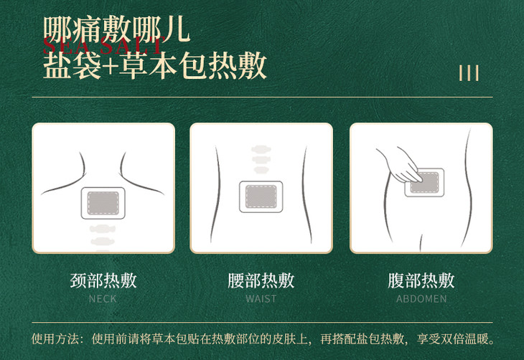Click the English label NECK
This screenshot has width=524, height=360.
tap(103, 298)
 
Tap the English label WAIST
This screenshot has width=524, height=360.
tap(261, 298)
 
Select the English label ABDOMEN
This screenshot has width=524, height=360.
tap(421, 298)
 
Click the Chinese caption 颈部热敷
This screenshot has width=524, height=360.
tap(103, 280)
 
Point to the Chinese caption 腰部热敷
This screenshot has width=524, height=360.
tap(261, 280)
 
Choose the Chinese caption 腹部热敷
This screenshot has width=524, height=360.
tap(421, 280)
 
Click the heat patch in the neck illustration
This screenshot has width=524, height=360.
tap(103, 203)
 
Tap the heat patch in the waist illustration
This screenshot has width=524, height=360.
tap(261, 196)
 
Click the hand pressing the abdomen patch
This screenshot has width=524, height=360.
tap(399, 164)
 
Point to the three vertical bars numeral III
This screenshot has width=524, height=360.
tap(469, 73)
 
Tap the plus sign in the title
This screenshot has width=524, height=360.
tap(110, 66)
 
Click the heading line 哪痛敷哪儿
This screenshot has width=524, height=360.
tap(117, 29)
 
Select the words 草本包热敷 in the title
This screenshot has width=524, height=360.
tap(193, 66)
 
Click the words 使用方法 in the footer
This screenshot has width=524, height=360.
tap(55, 338)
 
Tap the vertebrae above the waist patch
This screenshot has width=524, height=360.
tap(261, 159)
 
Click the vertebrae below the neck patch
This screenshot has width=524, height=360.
tap(103, 237)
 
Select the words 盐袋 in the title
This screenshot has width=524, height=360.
tap(72, 66)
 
